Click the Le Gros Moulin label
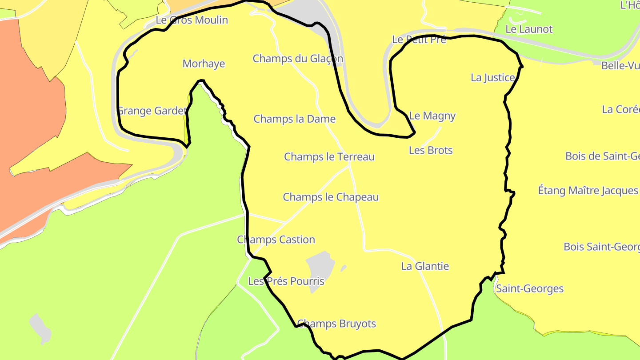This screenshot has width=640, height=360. click(192, 20)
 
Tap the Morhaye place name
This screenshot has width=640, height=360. click(204, 64)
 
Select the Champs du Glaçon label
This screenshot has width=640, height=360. click(298, 59)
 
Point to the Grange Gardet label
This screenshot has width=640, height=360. click(151, 111)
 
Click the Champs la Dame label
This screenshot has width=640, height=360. click(294, 119)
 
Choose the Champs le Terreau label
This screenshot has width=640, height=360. click(329, 157)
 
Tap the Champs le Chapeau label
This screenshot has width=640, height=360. click(331, 197)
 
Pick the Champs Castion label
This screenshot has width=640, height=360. click(276, 240)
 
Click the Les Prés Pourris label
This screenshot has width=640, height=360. click(286, 281)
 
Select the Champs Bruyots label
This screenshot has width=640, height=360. click(336, 324)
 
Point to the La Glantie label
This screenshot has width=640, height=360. click(425, 266)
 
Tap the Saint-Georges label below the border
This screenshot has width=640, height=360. click(529, 289)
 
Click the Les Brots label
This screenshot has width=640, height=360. click(431, 150)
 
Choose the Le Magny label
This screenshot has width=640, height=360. click(432, 116)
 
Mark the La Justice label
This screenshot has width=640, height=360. click(492, 77)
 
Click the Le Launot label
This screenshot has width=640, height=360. click(529, 29)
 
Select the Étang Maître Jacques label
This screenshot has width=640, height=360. click(588, 190)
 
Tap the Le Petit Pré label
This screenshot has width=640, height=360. click(419, 39)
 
